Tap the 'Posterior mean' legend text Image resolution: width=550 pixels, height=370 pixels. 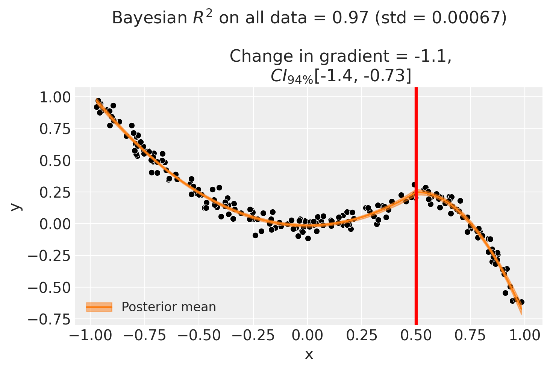pos(169,307)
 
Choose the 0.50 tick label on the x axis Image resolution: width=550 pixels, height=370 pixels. pos(416,335)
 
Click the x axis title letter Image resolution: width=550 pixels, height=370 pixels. pos(309,355)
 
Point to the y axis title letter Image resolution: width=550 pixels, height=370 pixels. pos(15,206)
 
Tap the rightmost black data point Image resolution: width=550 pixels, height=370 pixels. pos(521,302)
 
